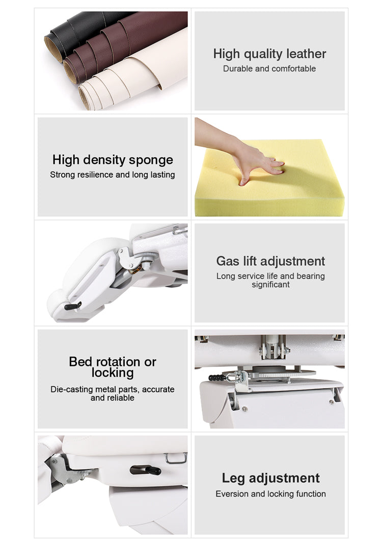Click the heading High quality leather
[269, 54]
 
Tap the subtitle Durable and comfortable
[269, 68]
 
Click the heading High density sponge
[113, 160]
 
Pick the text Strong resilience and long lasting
[113, 175]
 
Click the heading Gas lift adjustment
[270, 261]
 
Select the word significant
[270, 285]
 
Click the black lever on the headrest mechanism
[73, 306]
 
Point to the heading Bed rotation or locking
[113, 367]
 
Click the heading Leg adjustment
[270, 478]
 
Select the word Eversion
[232, 494]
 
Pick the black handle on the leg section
[145, 470]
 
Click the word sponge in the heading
[151, 160]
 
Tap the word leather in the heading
[307, 54]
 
